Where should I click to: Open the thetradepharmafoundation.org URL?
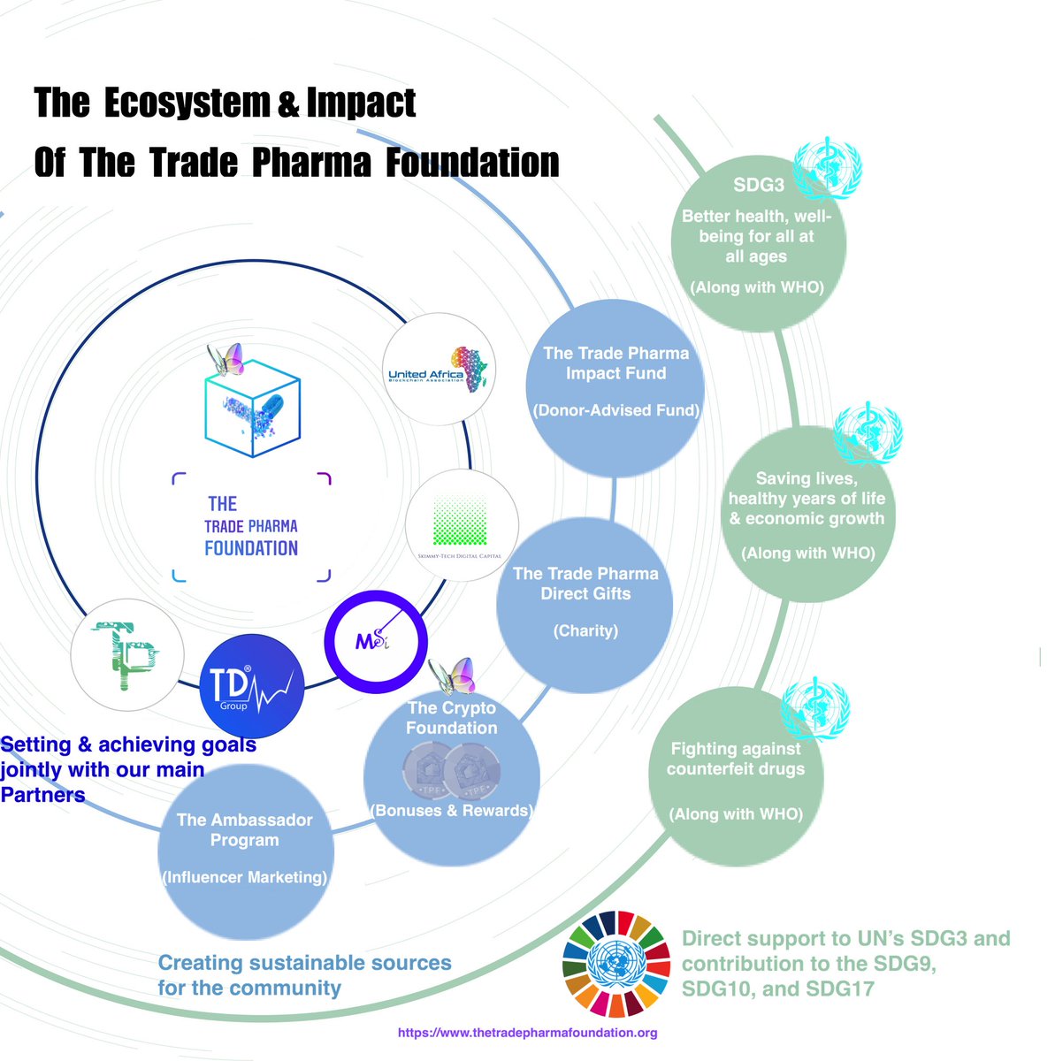pos(527,1033)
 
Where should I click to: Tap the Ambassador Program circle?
pos(245,853)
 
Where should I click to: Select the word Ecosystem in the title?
pos(186,103)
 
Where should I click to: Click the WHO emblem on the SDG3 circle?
pos(827,168)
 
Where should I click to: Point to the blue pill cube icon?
pos(254,408)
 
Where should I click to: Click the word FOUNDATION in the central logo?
pos(251,548)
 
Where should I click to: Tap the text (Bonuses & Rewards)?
pos(451,810)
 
